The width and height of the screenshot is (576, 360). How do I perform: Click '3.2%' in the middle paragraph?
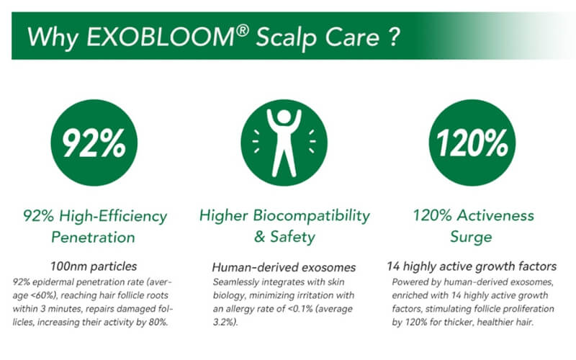223,322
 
